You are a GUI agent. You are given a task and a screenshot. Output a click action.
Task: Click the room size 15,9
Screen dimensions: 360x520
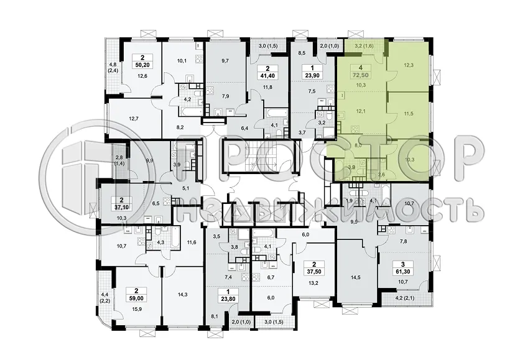click(136, 309)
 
